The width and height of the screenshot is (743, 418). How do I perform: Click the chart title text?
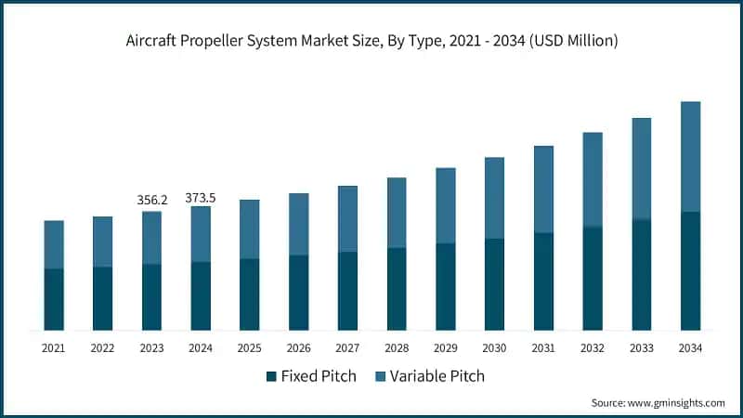point(371,41)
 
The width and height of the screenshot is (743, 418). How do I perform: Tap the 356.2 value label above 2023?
point(151,200)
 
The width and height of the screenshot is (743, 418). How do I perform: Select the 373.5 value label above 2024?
point(201,197)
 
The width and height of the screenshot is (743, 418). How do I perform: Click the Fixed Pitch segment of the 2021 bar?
point(54,299)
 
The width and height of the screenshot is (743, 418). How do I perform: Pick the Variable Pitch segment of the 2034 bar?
point(690,156)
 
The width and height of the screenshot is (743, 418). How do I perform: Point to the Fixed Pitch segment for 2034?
point(690,270)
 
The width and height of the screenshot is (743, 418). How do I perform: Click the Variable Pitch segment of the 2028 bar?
point(397,213)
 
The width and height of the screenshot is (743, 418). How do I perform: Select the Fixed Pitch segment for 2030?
point(494,284)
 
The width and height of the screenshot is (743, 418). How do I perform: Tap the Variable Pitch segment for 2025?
point(250,229)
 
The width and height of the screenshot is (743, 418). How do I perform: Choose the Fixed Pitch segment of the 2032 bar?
point(593,278)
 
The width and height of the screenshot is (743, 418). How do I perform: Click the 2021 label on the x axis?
point(54,348)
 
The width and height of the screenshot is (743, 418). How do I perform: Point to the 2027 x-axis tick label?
point(347,348)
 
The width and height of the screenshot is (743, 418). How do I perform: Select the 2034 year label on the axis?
point(690,348)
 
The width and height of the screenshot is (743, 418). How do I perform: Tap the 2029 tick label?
point(446,348)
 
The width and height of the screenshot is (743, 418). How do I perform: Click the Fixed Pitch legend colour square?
point(271,376)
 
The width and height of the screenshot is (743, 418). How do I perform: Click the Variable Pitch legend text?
point(437,376)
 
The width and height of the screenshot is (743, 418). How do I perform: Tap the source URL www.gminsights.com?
point(677,402)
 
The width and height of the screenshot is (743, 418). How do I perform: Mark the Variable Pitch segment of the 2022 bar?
point(102,242)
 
